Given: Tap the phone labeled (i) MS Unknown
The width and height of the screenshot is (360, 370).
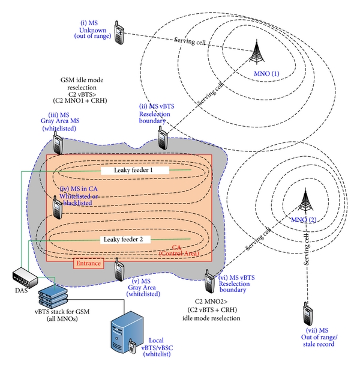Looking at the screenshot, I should tap(119, 34).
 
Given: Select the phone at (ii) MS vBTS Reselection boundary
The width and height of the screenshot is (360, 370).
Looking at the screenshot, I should tap(162, 138).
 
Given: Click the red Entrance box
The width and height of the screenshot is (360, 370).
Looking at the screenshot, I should tap(87, 263).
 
